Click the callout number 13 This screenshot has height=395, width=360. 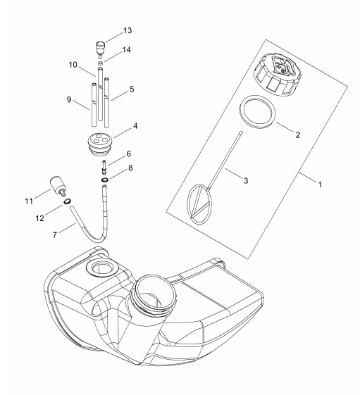pos(128,30)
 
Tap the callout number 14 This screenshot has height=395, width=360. pos(127,50)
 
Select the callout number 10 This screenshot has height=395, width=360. pos(73,65)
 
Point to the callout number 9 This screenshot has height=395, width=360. pos(69,100)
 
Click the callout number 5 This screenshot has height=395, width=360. pos(132,89)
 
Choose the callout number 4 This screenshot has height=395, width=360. pos(135,126)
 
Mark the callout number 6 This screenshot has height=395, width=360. pos(129,153)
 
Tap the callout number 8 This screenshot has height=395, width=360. pos(130,168)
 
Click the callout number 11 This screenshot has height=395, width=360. pos(29,201)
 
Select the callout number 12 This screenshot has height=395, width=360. pos(40,218)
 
